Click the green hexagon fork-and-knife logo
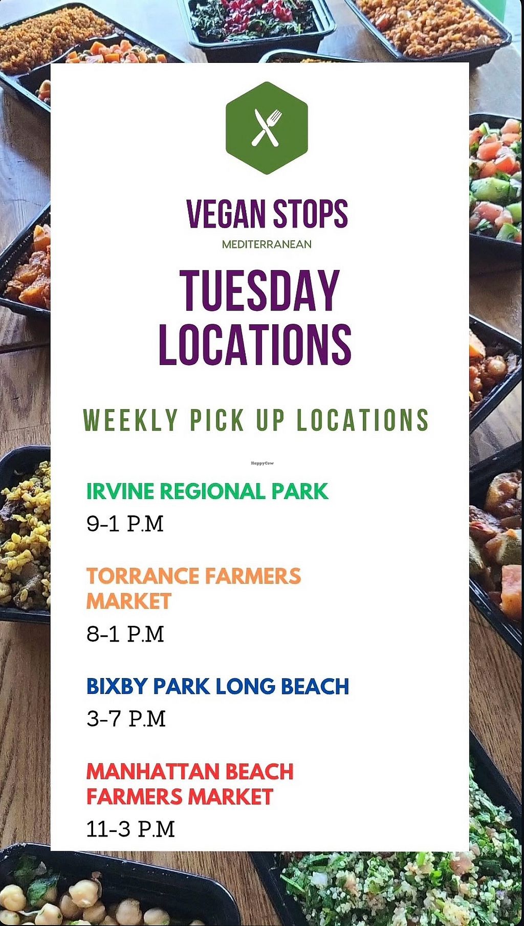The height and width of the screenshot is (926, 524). (x=267, y=128)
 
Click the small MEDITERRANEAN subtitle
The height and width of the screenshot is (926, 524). (x=267, y=244)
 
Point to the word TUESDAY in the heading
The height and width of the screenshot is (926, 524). (x=259, y=290)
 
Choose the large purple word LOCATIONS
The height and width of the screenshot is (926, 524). (x=255, y=345)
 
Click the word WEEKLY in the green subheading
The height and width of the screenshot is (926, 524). (x=130, y=420)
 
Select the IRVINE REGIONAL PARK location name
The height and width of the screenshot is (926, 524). (x=207, y=491)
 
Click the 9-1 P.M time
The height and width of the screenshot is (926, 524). (x=125, y=524)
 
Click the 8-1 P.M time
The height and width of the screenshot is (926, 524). (x=125, y=634)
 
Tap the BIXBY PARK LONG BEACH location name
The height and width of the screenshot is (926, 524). (x=217, y=687)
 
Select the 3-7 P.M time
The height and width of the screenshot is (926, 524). (x=126, y=719)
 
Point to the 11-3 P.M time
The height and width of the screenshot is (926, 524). (x=130, y=829)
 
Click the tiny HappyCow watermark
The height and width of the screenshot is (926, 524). (x=263, y=463)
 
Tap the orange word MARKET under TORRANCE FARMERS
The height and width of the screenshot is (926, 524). (x=128, y=601)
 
